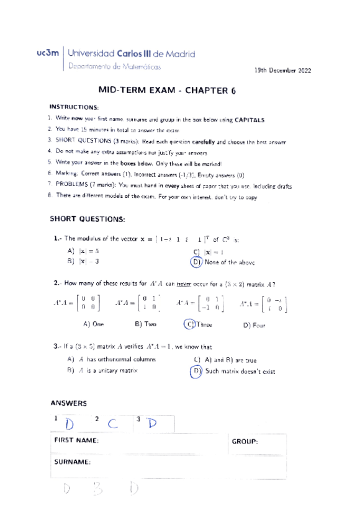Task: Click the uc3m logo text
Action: [49, 54]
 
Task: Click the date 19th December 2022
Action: [283, 71]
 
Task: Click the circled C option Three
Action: [189, 324]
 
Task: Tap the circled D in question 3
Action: [197, 371]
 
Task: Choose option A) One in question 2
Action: [93, 324]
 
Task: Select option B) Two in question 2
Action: [145, 324]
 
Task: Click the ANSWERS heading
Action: [70, 403]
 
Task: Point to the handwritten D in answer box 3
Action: [151, 424]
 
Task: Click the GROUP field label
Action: [245, 441]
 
